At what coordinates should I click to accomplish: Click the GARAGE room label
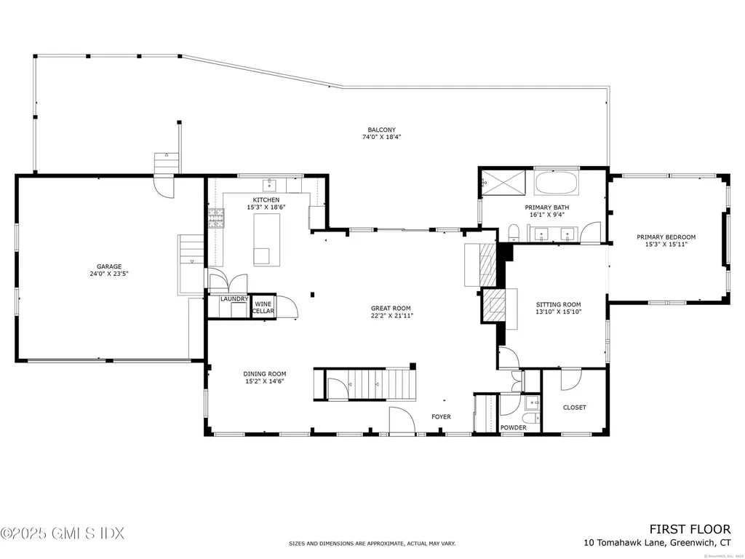110,266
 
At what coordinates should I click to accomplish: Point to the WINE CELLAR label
263,306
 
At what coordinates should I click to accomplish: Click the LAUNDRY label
234,299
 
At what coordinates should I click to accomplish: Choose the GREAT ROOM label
391,308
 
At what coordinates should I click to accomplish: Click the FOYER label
441,417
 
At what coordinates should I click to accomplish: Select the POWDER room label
513,427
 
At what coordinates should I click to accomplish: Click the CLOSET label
574,408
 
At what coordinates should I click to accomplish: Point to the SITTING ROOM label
559,304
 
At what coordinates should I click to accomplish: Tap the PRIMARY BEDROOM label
666,237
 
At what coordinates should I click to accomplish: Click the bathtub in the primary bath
557,183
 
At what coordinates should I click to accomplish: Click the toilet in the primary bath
514,231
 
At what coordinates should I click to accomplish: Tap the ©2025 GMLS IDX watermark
63,534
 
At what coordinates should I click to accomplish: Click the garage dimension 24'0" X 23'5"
110,274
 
